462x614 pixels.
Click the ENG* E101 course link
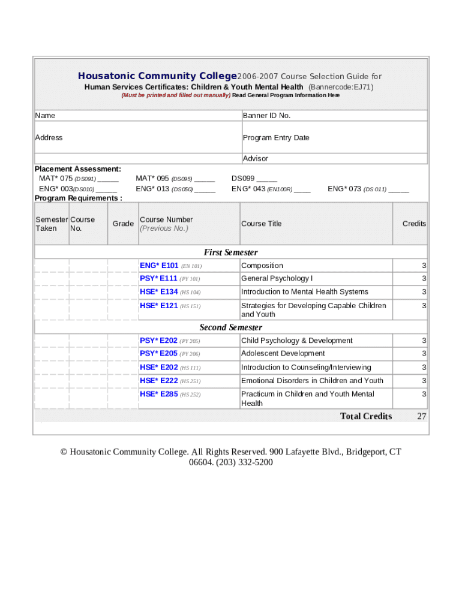159,266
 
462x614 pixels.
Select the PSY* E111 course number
158,279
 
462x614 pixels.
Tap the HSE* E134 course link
159,292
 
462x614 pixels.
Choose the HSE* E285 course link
159,394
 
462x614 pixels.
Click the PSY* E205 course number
158,354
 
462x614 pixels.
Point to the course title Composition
262,266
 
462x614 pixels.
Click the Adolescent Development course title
283,354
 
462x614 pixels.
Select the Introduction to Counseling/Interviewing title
306,368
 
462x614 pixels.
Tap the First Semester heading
231,252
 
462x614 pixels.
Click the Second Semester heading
231,327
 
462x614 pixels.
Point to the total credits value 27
422,417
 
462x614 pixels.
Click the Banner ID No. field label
266,116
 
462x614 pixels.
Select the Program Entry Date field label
276,138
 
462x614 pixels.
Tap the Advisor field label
256,159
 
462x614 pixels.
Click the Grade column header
123,224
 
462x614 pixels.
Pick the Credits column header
414,224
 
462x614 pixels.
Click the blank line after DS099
267,179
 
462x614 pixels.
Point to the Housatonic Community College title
158,76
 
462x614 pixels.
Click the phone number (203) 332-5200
244,462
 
